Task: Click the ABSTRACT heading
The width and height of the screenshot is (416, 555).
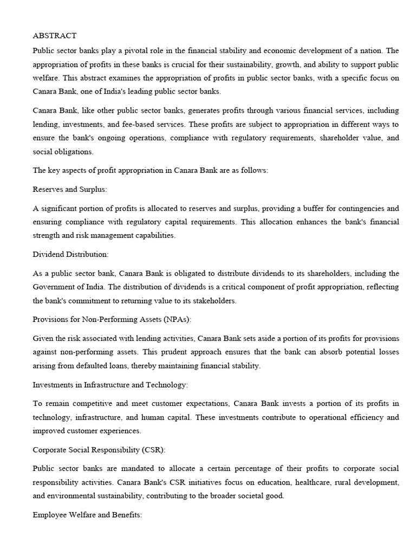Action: (x=55, y=36)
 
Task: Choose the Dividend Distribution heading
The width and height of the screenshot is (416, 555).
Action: (x=70, y=254)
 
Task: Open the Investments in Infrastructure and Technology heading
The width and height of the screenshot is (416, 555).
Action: (x=110, y=384)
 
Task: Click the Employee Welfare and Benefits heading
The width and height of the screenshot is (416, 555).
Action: (x=87, y=514)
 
